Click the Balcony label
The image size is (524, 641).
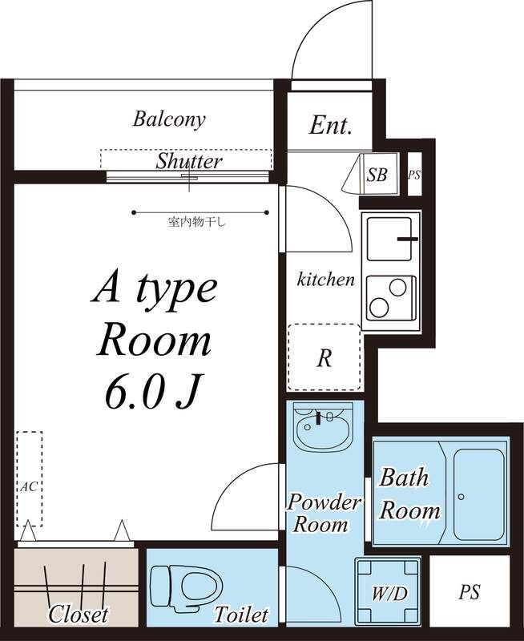point(169,119)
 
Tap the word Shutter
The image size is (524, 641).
point(189,161)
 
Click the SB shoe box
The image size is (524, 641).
point(377,175)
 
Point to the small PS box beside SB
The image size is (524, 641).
point(414,175)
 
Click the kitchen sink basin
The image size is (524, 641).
point(389,239)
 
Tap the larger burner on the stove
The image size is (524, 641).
point(378,308)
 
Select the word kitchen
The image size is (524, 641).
point(325,280)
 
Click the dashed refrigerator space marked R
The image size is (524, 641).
point(324,357)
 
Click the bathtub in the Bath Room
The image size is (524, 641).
point(478,495)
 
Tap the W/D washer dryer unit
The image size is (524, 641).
point(388,591)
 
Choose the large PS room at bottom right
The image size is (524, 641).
point(470,591)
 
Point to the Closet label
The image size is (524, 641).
point(79,614)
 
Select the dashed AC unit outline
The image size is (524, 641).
point(30,478)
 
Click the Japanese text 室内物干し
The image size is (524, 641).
point(196,223)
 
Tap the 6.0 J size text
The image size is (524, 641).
point(154,392)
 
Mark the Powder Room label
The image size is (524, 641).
point(324,513)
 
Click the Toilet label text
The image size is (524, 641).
point(241,615)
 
